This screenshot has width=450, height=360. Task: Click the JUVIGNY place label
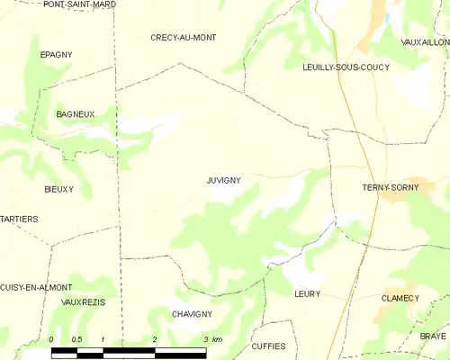[x=223, y=180]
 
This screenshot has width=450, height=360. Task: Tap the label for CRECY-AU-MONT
[x=183, y=37]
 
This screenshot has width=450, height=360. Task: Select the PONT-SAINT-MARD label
[x=79, y=4]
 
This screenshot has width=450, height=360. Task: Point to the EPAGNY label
[x=56, y=55]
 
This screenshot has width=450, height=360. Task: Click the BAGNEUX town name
[x=76, y=114]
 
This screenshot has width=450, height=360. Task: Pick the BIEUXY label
[x=58, y=189]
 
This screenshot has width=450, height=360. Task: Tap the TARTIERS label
[x=19, y=219]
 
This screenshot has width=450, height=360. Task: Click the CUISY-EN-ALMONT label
[x=36, y=287]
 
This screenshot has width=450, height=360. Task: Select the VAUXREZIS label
[x=83, y=302]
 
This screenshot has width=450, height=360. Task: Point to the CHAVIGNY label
[x=192, y=314]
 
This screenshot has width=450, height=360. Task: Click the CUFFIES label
[x=268, y=346]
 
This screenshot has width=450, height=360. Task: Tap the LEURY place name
[x=307, y=293]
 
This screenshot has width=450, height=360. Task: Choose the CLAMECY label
[x=400, y=298]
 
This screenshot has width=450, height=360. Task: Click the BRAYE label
[x=432, y=335]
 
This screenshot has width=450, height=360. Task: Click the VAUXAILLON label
[x=424, y=41]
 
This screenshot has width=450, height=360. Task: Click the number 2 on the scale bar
[x=155, y=338]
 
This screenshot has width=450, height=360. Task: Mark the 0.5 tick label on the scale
[x=76, y=338]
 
